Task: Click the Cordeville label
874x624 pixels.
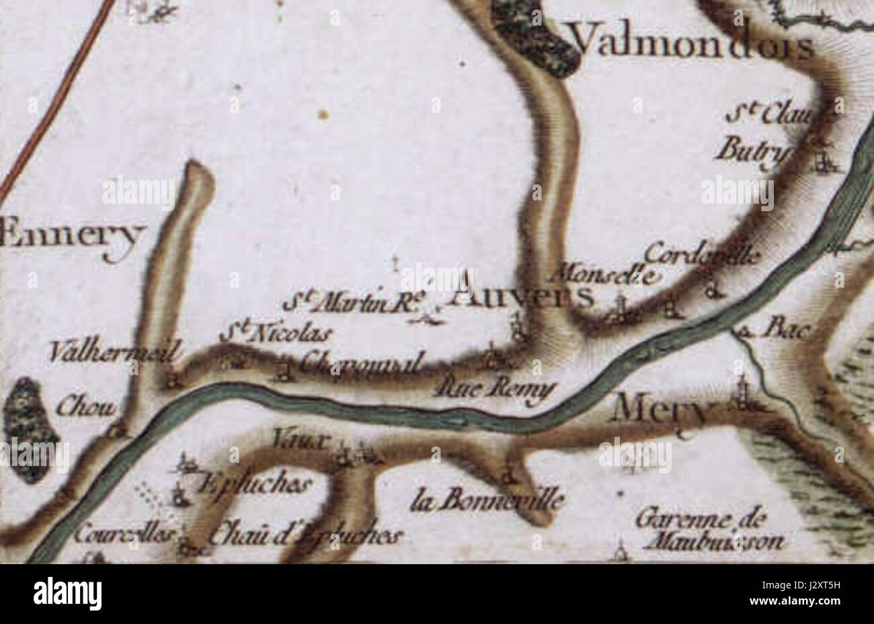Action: [702, 255]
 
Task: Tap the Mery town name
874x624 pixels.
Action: [660, 409]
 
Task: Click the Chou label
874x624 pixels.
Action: [87, 405]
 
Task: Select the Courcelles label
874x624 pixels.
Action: [124, 535]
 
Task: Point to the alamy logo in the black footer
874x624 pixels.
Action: [67, 594]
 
